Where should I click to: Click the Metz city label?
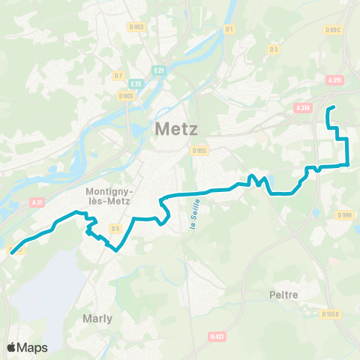pos(177,129)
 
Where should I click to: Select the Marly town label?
pos(97,318)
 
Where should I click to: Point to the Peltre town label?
pos(283,295)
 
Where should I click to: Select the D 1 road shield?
pos(230,29)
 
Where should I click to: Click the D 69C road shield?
pos(334,30)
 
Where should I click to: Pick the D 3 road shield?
pos(274,50)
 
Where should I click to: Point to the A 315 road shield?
pos(334,80)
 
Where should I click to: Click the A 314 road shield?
pos(303,108)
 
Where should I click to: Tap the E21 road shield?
pos(159,70)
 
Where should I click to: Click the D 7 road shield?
pos(118,76)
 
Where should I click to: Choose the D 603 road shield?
pos(125,95)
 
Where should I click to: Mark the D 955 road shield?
pos(199,150)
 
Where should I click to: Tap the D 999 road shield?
pos(345,216)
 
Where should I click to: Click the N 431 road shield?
pos(217,336)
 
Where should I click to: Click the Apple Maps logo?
pos(27,347)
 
